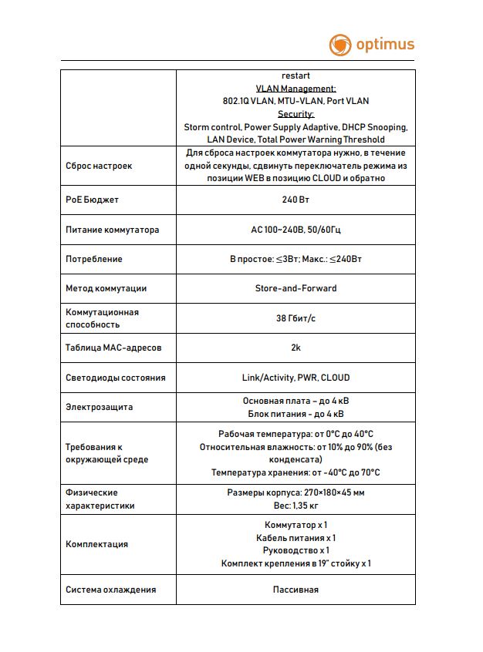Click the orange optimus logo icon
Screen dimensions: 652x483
[x=340, y=45]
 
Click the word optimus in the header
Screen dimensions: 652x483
[x=385, y=45]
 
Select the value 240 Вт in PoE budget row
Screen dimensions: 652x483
[x=296, y=200]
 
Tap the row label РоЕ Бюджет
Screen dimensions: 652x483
[x=93, y=200]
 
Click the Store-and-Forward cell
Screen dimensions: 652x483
[x=296, y=288]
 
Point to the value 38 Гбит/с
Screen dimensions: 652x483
[x=296, y=318]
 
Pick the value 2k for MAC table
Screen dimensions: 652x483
[x=296, y=348]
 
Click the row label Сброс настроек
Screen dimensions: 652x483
[x=99, y=166]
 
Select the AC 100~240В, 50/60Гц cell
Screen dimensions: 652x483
[x=296, y=230]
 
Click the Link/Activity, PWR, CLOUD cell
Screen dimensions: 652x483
[x=296, y=378]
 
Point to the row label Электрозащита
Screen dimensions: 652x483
[x=100, y=407]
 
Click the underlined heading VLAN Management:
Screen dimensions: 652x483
[x=296, y=89]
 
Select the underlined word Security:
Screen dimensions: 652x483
[x=296, y=114]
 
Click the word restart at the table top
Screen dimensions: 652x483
[x=296, y=76]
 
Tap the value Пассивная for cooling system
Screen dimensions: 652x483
[x=296, y=590]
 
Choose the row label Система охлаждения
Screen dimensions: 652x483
[x=111, y=590]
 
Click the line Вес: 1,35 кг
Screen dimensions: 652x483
[x=296, y=506]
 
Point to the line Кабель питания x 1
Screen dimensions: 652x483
[x=296, y=538]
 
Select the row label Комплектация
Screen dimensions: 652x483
[x=97, y=544]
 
